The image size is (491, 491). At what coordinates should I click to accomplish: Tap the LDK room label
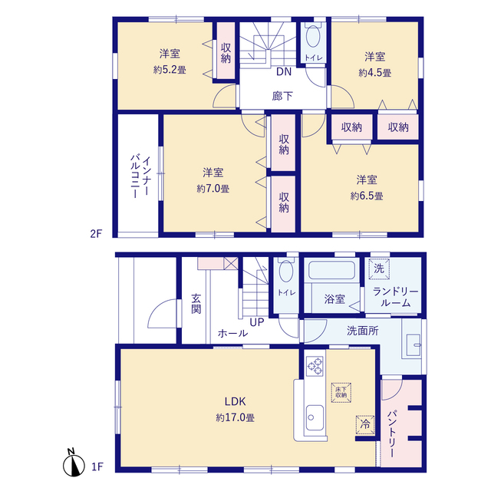(x=235, y=401)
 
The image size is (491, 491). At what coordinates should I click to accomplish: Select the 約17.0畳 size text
(x=235, y=417)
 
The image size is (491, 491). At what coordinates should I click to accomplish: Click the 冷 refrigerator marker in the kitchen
(x=365, y=424)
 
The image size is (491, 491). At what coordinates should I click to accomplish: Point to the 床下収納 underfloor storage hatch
(x=341, y=392)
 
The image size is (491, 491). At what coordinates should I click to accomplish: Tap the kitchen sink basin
(x=315, y=417)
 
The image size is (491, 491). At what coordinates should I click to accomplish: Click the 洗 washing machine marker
(x=379, y=269)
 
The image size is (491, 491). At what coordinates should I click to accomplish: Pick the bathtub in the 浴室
(x=331, y=270)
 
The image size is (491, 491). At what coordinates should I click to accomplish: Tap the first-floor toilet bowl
(x=286, y=271)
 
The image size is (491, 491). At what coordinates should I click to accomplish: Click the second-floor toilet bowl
(x=313, y=36)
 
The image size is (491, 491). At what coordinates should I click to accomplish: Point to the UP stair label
(x=257, y=322)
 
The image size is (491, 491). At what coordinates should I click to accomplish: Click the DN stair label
(x=284, y=71)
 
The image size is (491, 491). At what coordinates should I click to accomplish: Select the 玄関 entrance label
(x=196, y=304)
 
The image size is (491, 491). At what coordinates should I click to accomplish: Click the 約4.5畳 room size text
(x=375, y=73)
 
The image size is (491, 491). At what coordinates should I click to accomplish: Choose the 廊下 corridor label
(x=282, y=96)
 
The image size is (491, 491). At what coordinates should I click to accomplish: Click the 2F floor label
(x=96, y=233)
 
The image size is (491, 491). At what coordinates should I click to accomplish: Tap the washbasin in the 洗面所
(x=413, y=345)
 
